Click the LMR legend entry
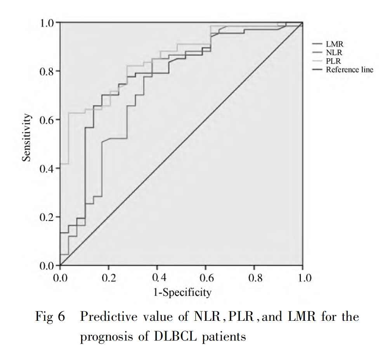coord(335,45)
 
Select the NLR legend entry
coord(335,53)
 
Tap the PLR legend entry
coord(334,61)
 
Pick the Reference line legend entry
coord(349,70)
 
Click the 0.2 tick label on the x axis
coord(109,278)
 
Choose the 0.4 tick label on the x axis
coord(157,278)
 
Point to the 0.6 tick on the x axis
coord(206,278)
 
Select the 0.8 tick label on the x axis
coord(254,278)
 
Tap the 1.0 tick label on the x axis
coord(303,278)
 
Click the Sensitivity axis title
coord(26,138)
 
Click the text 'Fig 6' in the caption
coord(50,317)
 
